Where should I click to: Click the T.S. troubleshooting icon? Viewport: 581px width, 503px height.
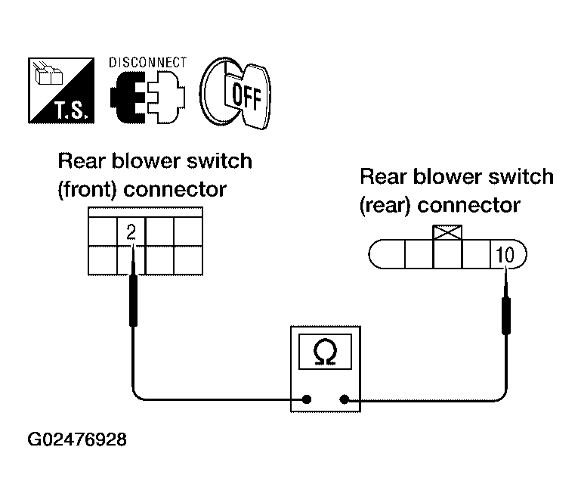[x=61, y=91]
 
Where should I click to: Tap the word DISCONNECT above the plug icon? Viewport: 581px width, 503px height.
[x=147, y=63]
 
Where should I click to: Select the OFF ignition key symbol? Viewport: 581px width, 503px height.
[x=235, y=93]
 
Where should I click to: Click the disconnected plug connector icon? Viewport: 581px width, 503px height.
[x=147, y=97]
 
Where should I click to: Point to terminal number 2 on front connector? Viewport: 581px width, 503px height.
[x=131, y=232]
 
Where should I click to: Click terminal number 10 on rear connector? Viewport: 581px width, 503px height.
[x=505, y=255]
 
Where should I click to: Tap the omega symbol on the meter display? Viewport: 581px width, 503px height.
[x=325, y=352]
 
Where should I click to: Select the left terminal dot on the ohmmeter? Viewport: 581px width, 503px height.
[x=307, y=399]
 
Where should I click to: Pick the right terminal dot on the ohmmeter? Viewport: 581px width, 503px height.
[x=345, y=399]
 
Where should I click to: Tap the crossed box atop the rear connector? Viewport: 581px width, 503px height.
[x=447, y=232]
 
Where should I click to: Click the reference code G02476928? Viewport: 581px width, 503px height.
[x=77, y=439]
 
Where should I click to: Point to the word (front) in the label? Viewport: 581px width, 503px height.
[x=87, y=190]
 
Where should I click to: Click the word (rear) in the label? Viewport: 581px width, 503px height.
[x=385, y=206]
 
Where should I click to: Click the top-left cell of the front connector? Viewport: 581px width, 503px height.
[x=103, y=231]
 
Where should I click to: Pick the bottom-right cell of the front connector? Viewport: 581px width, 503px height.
[x=188, y=260]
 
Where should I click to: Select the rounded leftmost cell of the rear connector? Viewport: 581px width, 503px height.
[x=388, y=254]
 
